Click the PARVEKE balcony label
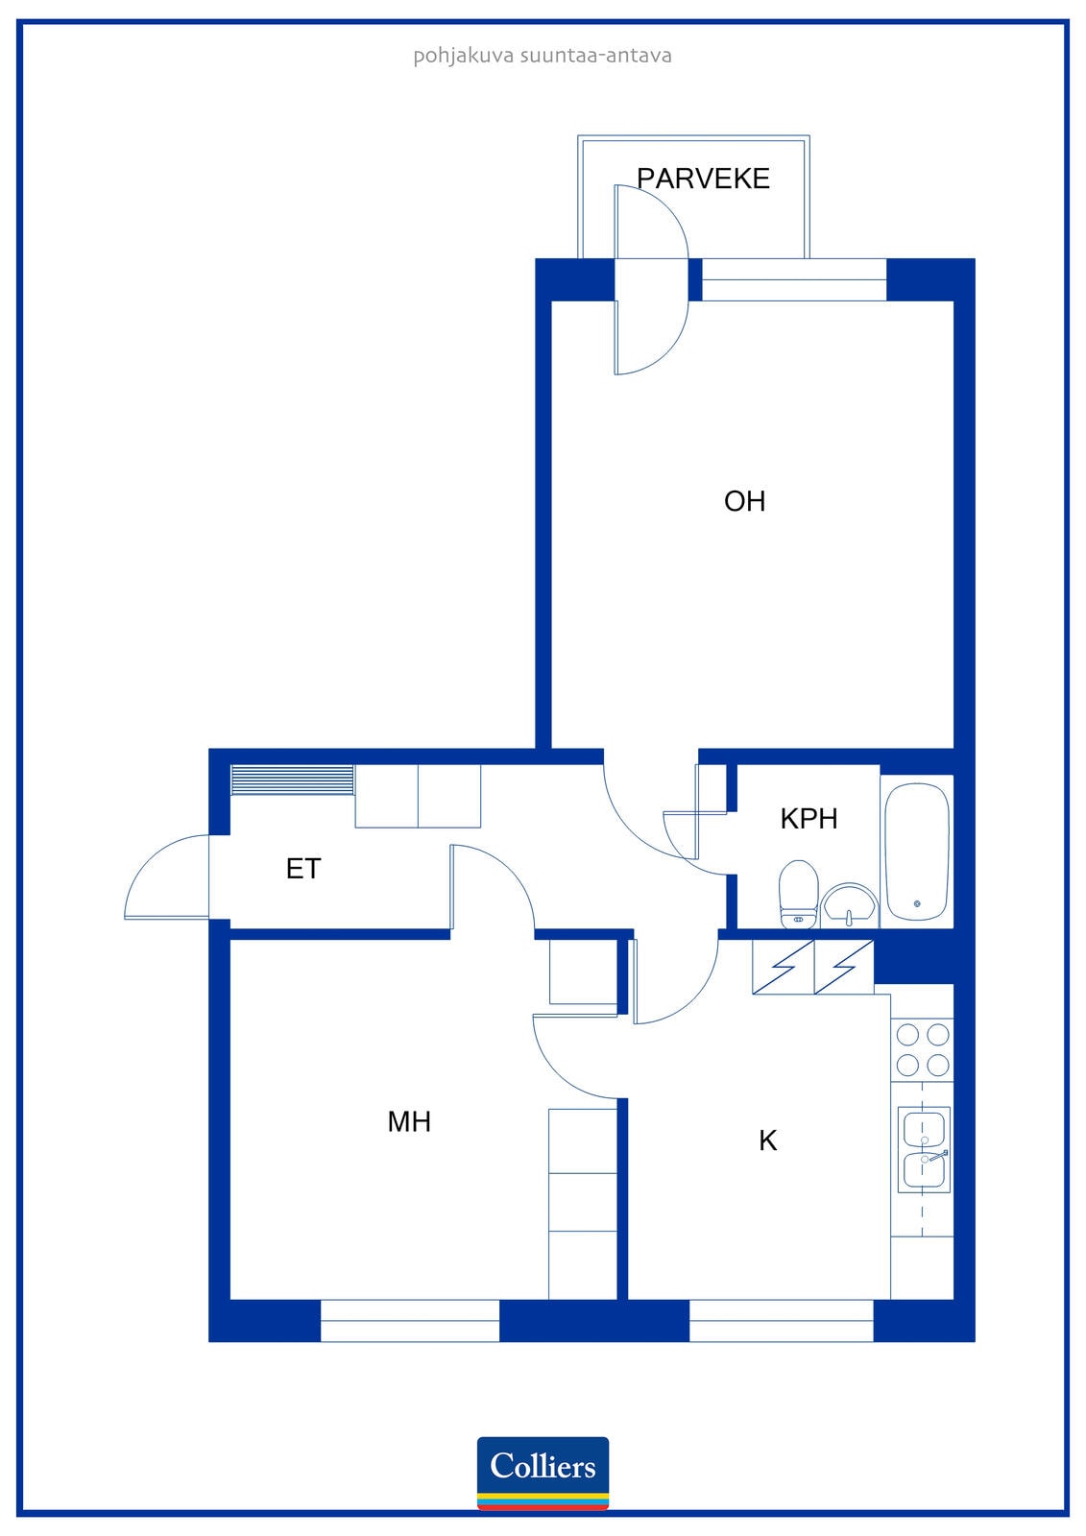tap(703, 179)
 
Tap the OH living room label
tap(744, 501)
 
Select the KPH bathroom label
tap(808, 819)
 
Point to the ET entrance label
tap(303, 869)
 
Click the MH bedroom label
tap(409, 1122)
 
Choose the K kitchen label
tap(767, 1140)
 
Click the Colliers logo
tap(543, 1473)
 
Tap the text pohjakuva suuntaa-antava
tap(542, 56)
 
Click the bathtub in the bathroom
tap(917, 852)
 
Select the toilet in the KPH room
tap(799, 894)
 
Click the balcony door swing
tap(651, 279)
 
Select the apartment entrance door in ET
tap(167, 876)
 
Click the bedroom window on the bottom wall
tap(410, 1320)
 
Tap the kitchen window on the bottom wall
tap(781, 1320)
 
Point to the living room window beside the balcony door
tap(794, 279)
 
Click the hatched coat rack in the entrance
tap(292, 780)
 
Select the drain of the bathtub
tap(917, 903)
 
